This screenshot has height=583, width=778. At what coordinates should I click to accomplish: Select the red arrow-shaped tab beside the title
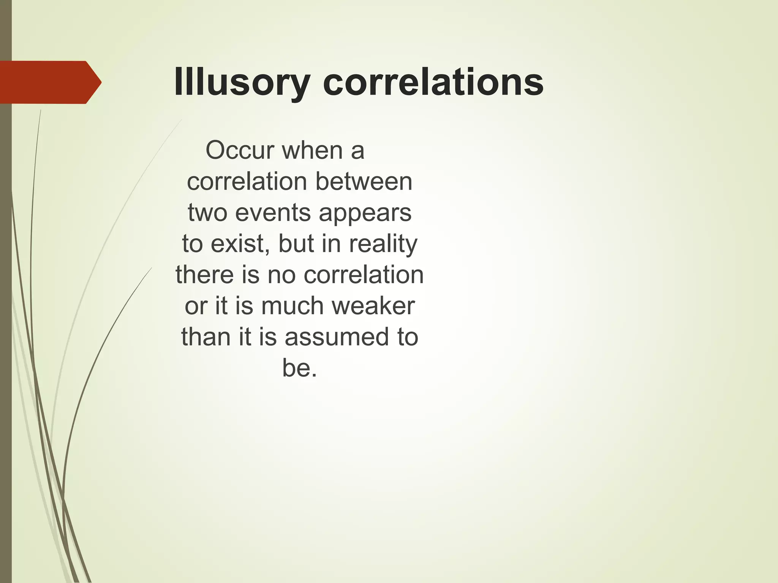49,82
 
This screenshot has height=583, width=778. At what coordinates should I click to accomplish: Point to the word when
313,150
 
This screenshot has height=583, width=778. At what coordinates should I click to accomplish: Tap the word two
208,213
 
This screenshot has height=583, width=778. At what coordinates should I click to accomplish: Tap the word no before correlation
281,275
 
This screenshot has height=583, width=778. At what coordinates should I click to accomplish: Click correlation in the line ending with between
247,181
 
